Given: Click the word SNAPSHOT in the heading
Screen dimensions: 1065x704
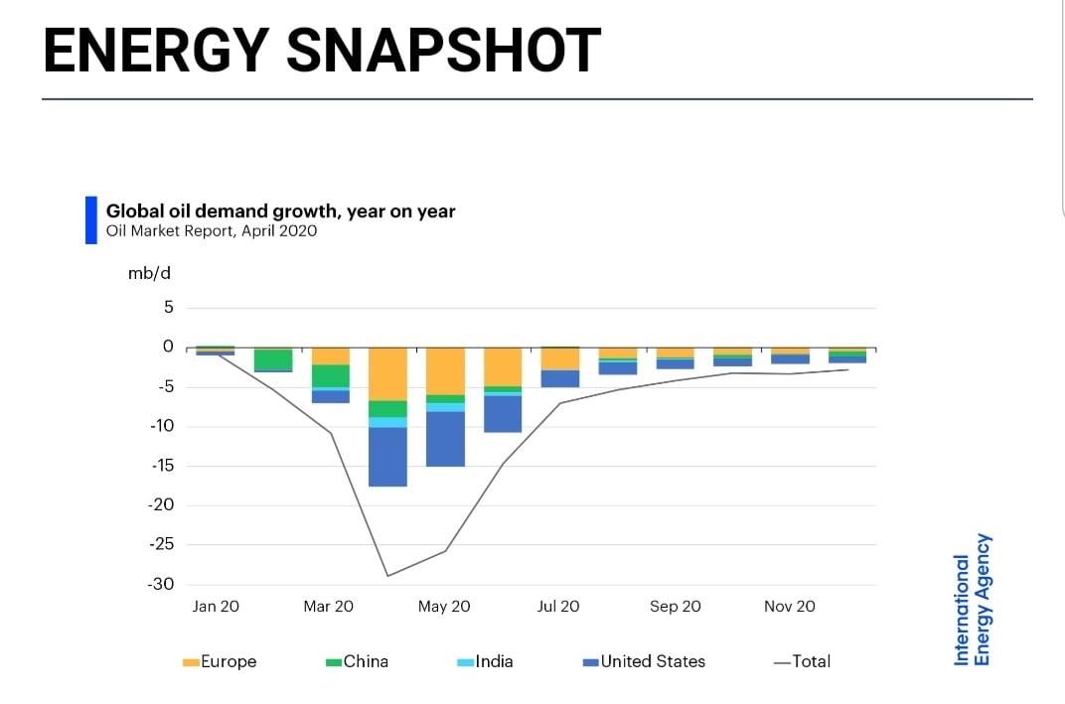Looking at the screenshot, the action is click(x=443, y=51).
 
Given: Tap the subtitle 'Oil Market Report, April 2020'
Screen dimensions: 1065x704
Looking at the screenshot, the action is click(x=212, y=230).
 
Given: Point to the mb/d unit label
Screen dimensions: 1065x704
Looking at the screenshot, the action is click(x=149, y=274).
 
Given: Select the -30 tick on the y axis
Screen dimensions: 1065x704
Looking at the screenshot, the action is click(x=161, y=584).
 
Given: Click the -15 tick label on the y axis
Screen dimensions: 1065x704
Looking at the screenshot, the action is click(x=162, y=466).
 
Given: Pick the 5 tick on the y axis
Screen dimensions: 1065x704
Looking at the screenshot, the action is click(x=169, y=308).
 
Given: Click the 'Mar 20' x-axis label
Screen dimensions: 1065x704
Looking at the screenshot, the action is click(x=328, y=607).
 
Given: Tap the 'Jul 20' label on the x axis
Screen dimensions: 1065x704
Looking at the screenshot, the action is click(x=558, y=607).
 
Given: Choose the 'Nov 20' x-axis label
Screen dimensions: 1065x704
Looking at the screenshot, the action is click(x=789, y=607).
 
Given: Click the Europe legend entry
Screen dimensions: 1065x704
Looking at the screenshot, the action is click(x=220, y=662).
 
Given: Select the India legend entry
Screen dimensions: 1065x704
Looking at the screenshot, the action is click(x=485, y=662).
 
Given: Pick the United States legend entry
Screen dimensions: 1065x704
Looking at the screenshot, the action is click(x=644, y=662).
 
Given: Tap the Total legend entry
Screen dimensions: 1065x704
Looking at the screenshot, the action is click(x=802, y=662).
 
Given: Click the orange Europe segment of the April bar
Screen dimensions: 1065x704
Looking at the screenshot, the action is click(x=387, y=374).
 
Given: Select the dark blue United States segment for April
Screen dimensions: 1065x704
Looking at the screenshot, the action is click(x=387, y=457).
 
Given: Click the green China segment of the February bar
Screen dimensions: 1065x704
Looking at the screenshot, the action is click(x=273, y=359).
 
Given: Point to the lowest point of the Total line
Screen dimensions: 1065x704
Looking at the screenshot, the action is click(x=387, y=576).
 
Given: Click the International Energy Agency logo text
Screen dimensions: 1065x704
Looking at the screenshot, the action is click(x=973, y=600).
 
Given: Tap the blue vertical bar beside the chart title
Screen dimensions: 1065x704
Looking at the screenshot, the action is click(x=91, y=220).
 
